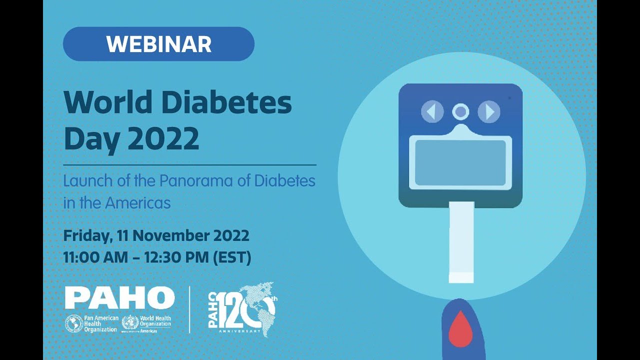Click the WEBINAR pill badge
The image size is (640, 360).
[x=158, y=44]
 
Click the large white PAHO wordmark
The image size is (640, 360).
[x=119, y=298]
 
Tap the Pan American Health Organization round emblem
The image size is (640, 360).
[x=74, y=323]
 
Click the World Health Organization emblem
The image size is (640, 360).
[x=130, y=323]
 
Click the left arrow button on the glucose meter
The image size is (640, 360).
[x=432, y=112]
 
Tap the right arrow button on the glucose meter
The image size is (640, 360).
[x=489, y=112]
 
